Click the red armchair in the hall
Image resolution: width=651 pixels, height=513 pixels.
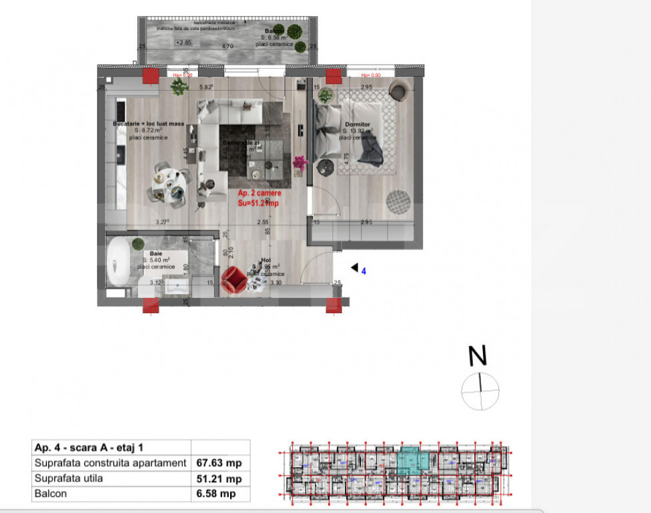pyautogui.click(x=234, y=280)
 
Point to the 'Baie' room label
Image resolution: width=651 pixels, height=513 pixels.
pyautogui.click(x=156, y=253)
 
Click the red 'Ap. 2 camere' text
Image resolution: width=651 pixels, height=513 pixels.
pyautogui.click(x=259, y=193)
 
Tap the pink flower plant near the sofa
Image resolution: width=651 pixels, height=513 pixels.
pyautogui.click(x=299, y=162)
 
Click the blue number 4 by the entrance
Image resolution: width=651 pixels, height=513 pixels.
pyautogui.click(x=364, y=271)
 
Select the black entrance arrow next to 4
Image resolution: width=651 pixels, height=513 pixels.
pyautogui.click(x=354, y=268)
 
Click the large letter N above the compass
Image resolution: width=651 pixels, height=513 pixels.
pyautogui.click(x=478, y=357)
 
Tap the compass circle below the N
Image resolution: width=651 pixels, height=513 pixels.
pyautogui.click(x=480, y=391)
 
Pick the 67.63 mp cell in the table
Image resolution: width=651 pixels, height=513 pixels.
pyautogui.click(x=220, y=463)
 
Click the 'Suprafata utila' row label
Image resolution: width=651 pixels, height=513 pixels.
pyautogui.click(x=69, y=478)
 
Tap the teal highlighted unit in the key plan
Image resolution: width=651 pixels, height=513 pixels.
pyautogui.click(x=414, y=462)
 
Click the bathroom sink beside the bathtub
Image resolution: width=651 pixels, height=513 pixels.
pyautogui.click(x=179, y=287)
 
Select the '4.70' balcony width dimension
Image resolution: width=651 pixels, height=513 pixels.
pyautogui.click(x=227, y=46)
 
